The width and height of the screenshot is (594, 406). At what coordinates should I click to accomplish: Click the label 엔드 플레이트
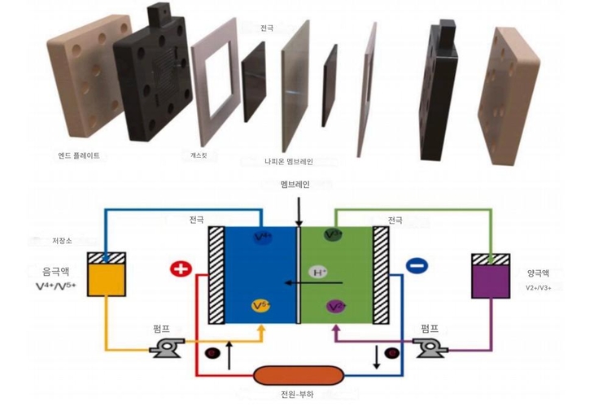(79, 155)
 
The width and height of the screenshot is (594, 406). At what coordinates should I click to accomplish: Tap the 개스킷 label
(199, 155)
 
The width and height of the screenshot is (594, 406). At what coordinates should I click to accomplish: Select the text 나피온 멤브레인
(289, 162)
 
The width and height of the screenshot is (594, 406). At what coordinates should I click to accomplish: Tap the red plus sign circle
(181, 269)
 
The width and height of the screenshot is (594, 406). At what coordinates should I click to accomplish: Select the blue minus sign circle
(416, 265)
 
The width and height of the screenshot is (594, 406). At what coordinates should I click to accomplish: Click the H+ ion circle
(318, 272)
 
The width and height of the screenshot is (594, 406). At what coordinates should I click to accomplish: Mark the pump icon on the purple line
(428, 349)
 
